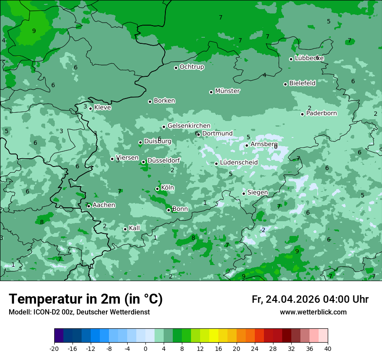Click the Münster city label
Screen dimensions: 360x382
point(227,91)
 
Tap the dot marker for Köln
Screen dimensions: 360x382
point(157,189)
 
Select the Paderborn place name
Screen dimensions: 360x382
point(321,113)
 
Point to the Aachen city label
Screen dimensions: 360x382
point(104,205)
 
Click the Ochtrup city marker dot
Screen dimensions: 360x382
point(176,68)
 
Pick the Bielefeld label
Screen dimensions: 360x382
point(302,83)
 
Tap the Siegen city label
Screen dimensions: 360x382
point(257,192)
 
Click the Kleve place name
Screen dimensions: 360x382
point(102,108)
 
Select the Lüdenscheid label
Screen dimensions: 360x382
point(239,163)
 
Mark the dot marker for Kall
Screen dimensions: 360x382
point(125,229)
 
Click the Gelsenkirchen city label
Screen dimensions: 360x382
point(189,126)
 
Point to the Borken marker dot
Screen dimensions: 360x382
point(150,101)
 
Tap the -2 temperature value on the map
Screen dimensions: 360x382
point(263,230)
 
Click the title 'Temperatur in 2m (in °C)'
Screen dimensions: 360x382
point(86,299)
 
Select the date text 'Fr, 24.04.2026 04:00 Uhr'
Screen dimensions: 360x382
point(310,299)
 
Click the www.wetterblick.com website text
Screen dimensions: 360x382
point(313,312)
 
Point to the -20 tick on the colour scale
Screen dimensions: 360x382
point(54,348)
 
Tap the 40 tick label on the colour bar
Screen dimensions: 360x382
point(327,348)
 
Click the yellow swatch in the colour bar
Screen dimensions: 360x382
point(214,336)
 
